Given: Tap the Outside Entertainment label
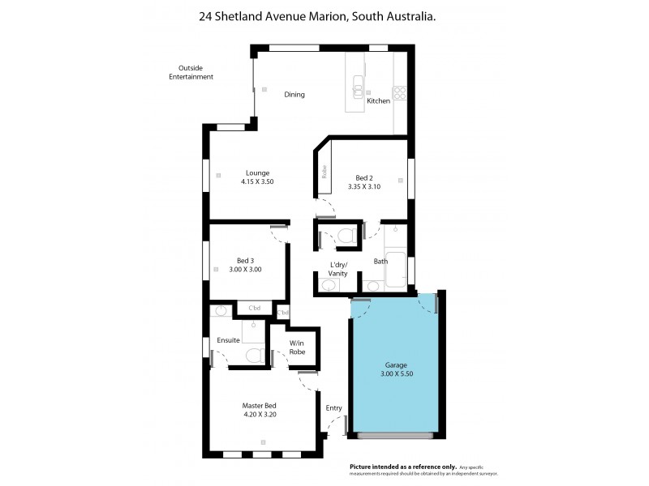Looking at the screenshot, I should [191, 72].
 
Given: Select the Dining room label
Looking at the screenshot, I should [294, 95].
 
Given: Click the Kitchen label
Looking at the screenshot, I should [378, 101].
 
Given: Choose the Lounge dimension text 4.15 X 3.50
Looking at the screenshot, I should [257, 182].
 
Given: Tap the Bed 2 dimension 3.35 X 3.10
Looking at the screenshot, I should [364, 187].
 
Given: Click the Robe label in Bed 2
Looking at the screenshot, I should [324, 171].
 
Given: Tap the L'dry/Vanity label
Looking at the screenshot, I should [338, 270].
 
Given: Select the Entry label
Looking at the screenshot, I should [333, 408].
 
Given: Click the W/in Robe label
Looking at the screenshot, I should [297, 348].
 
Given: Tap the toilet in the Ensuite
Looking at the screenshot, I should [252, 355].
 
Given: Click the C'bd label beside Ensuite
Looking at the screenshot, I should [254, 308].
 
